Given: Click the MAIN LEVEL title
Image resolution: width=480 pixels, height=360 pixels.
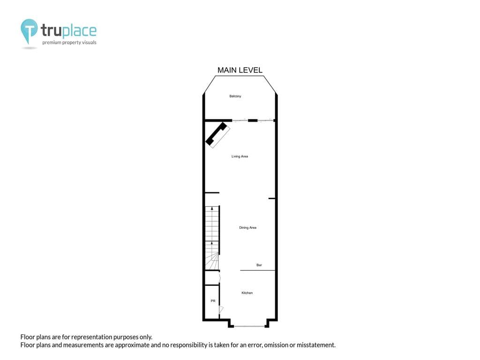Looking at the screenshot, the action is click(x=240, y=70).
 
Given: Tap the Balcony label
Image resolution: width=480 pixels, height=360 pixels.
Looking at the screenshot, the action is click(x=235, y=96).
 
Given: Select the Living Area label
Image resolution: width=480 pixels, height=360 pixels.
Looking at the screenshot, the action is click(x=240, y=157).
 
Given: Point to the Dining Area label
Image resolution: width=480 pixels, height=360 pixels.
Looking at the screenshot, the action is click(x=247, y=228).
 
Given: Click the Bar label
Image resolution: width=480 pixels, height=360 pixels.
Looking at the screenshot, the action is click(x=259, y=265).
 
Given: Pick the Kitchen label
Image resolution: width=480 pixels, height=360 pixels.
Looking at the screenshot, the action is click(x=247, y=293).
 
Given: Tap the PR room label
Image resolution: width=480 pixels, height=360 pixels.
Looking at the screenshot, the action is click(x=213, y=301).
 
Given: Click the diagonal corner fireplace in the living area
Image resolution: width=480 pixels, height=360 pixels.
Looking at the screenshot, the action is click(x=217, y=135).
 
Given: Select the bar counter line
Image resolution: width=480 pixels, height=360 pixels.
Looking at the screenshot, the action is click(x=257, y=270).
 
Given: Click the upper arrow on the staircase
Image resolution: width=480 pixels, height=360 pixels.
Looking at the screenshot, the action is click(x=212, y=209).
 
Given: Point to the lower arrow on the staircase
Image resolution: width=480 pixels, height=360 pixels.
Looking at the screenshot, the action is click(x=212, y=243).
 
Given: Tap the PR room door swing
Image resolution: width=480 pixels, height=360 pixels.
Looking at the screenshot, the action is click(x=221, y=309).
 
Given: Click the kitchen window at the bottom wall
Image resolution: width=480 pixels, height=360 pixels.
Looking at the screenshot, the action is click(x=249, y=326).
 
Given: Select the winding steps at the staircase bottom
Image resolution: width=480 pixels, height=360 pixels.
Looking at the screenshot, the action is click(x=212, y=261).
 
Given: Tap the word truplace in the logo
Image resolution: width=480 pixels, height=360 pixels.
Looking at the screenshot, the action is click(x=68, y=30).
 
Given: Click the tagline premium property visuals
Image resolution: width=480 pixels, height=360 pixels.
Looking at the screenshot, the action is click(x=69, y=43).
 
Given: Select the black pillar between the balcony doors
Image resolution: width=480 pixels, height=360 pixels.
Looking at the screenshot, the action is click(x=253, y=120).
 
